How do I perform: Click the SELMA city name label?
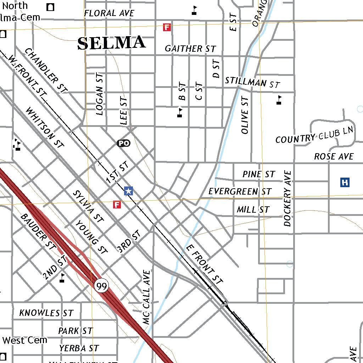click(111, 43)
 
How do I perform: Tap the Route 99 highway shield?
click(101, 285)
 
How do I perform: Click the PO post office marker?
click(123, 143)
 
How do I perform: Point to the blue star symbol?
click(129, 191)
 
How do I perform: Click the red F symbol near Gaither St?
click(167, 27)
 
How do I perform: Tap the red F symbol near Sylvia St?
click(117, 205)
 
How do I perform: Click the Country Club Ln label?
click(315, 135)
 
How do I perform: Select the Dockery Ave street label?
click(287, 199)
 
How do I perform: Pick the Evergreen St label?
click(240, 191)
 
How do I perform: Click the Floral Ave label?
click(109, 13)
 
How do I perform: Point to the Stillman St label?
click(252, 82)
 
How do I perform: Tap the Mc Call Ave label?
click(147, 297)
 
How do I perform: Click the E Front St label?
click(205, 264)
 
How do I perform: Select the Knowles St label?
click(46, 313)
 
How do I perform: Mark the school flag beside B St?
click(180, 112)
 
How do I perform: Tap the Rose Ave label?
click(334, 156)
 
